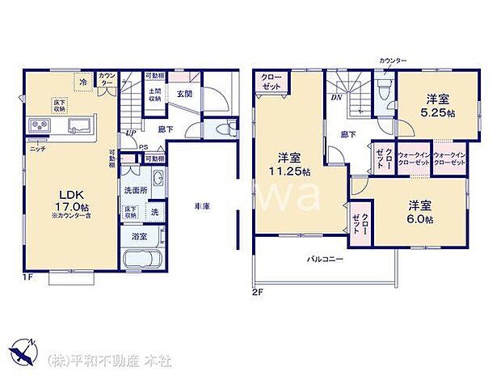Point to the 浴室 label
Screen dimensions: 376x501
139,237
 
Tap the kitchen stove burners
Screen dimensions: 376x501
40,125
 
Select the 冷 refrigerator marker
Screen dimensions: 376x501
83,81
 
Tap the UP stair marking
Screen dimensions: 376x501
130,132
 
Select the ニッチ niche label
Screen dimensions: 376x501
37,150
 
